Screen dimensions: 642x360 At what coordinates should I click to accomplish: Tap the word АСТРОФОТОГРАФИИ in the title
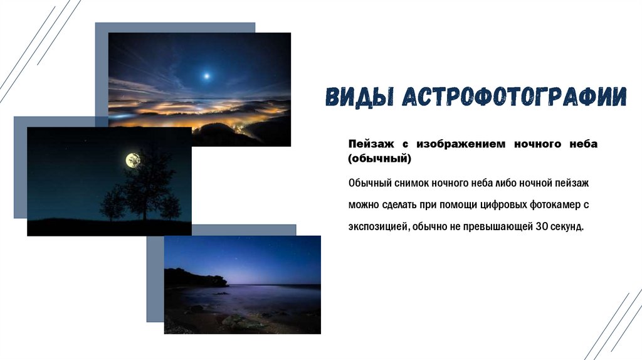515,97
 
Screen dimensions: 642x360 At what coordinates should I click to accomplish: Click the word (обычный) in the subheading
379,159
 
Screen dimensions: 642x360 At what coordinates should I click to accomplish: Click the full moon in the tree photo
133,160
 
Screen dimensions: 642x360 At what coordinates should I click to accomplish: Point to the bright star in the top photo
207,76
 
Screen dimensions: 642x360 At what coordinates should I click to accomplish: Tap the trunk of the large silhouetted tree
145,209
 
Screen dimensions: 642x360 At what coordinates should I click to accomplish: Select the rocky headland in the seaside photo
196,278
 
